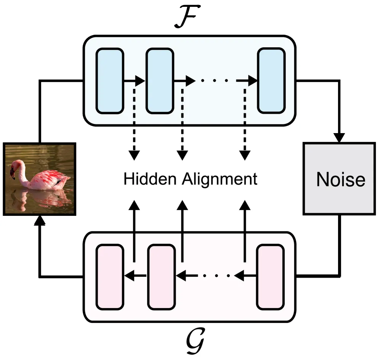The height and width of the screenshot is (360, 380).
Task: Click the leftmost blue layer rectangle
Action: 110,81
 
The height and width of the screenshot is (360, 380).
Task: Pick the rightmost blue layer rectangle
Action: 271,81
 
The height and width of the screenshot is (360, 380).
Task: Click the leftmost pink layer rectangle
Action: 110,277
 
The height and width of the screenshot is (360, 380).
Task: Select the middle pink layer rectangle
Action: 162,277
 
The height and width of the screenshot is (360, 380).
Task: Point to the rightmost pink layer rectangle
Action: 270,277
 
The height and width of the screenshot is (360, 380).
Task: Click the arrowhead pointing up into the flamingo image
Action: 39,220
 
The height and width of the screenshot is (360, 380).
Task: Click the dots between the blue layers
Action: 215,81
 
